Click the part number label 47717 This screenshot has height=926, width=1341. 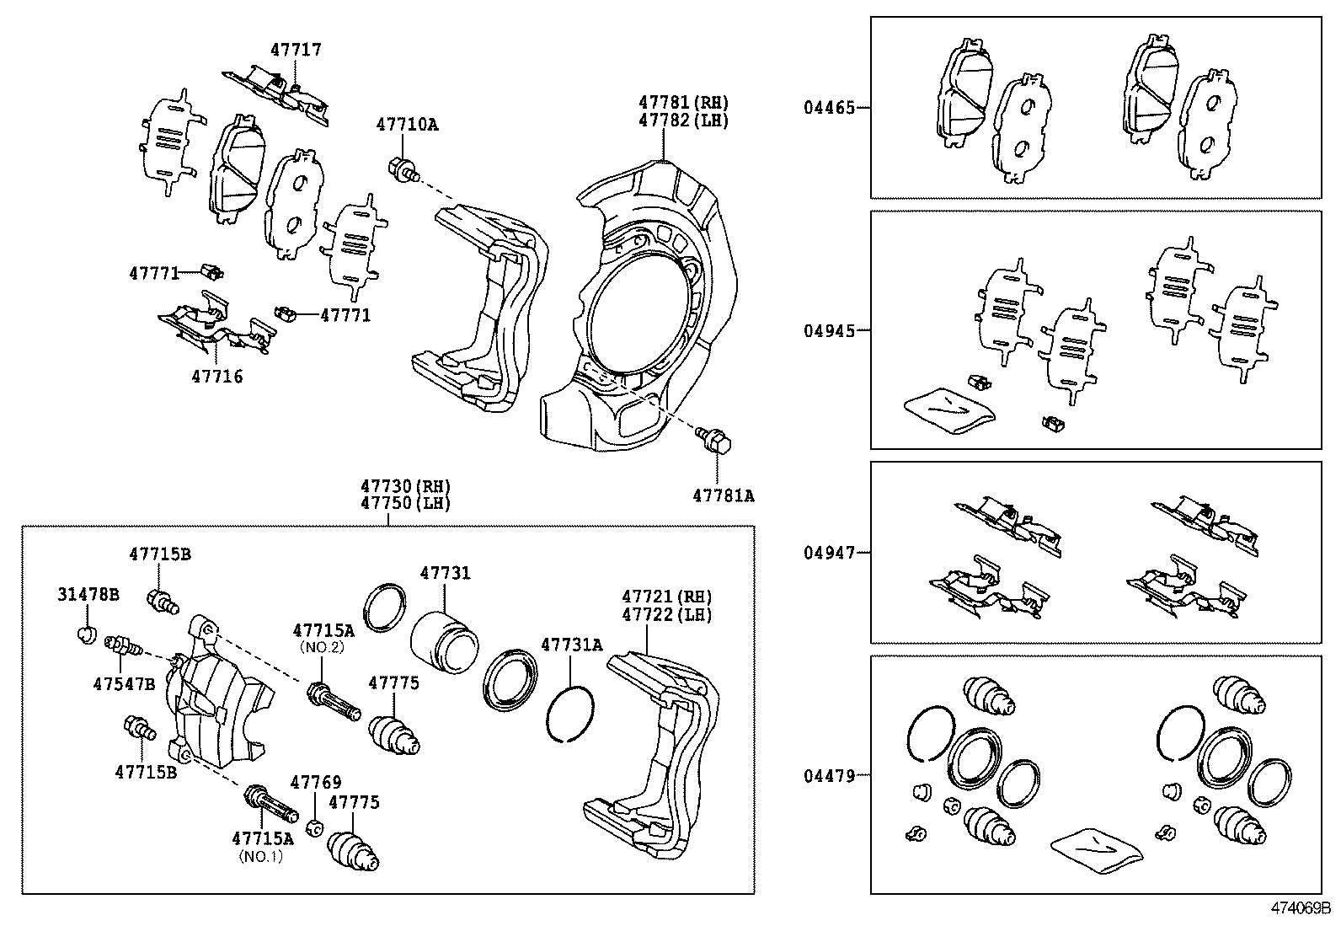pyautogui.click(x=296, y=50)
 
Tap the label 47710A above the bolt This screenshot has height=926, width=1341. pyautogui.click(x=407, y=125)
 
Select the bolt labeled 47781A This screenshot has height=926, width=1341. pyautogui.click(x=714, y=440)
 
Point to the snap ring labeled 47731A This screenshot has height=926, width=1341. pyautogui.click(x=571, y=715)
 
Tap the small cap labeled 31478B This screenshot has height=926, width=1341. pyautogui.click(x=85, y=633)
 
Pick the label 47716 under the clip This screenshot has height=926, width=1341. pyautogui.click(x=216, y=377)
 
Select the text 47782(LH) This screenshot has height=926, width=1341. pyautogui.click(x=683, y=120)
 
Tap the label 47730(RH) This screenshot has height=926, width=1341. pyautogui.click(x=405, y=486)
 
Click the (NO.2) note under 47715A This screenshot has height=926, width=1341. pyautogui.click(x=323, y=647)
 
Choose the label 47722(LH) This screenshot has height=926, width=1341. pyautogui.click(x=666, y=615)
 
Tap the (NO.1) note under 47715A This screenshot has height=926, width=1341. pyautogui.click(x=261, y=856)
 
